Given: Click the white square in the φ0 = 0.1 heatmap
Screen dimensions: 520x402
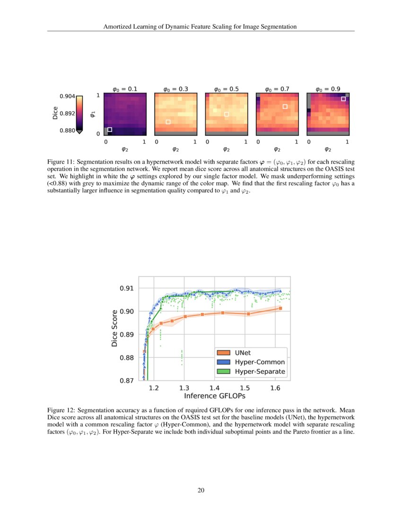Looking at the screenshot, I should tap(110, 130).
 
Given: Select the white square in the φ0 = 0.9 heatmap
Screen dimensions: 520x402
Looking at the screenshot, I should tap(343, 99).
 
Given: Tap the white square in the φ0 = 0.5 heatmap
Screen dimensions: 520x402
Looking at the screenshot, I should tap(227, 114).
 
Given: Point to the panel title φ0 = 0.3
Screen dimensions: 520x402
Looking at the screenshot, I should tap(175, 88).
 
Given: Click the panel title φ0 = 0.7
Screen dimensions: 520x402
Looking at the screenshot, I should tap(277, 88).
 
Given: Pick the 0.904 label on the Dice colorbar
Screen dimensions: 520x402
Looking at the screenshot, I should tap(67, 97).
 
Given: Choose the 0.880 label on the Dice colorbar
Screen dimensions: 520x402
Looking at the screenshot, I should tap(67, 131).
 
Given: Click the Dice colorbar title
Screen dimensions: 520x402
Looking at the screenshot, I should tap(55, 114).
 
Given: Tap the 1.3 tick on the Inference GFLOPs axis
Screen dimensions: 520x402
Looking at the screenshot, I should tap(184, 388).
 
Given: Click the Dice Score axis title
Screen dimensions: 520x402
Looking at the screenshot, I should tap(114, 328).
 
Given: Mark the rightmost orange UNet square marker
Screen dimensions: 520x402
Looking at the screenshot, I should tap(280, 308).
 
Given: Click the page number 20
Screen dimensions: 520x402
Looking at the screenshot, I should tap(201, 490).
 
